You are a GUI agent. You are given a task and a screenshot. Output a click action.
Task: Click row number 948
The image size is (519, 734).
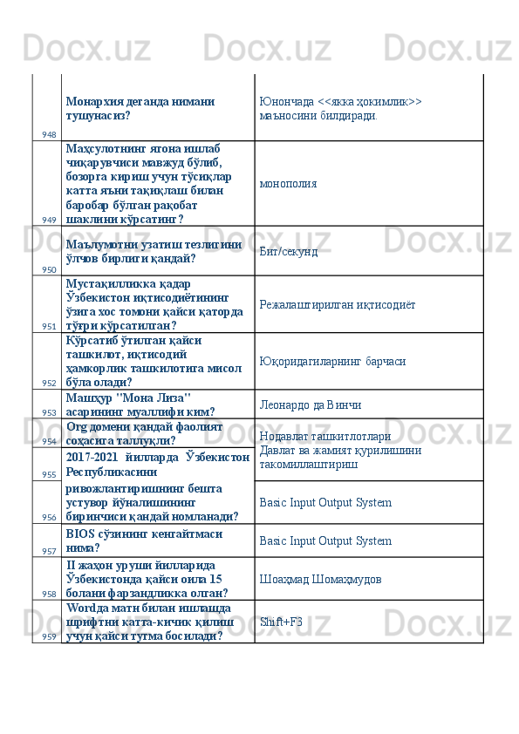(x=48, y=134)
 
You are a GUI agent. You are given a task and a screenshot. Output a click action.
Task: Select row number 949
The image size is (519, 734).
(x=48, y=220)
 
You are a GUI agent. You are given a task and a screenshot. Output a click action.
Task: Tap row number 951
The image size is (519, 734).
(x=48, y=326)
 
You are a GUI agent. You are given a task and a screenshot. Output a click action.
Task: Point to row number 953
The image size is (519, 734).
(x=48, y=412)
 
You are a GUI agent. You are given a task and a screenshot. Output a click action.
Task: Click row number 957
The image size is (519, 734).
(x=48, y=551)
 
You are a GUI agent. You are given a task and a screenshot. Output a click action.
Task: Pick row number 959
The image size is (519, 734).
(x=48, y=636)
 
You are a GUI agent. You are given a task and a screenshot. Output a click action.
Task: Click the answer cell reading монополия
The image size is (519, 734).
(x=288, y=184)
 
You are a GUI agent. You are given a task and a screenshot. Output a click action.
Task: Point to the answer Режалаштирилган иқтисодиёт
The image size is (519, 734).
(x=337, y=304)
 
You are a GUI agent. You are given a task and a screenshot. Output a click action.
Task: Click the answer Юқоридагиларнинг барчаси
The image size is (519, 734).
(x=331, y=360)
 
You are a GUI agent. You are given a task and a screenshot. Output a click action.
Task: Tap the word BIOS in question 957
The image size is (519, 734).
(x=79, y=533)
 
